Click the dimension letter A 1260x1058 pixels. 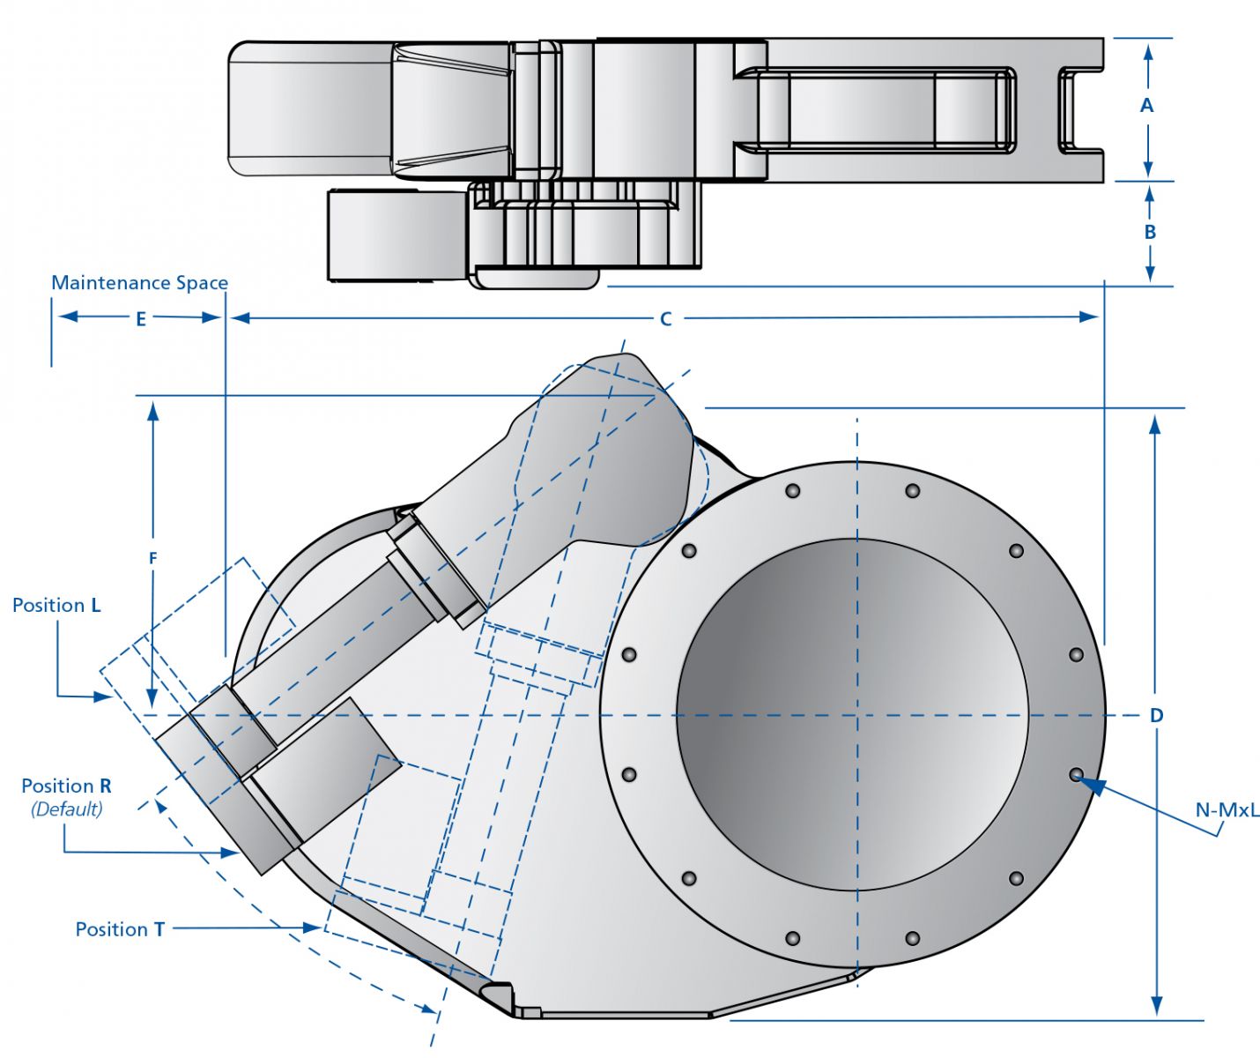point(1146,106)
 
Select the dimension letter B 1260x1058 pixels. point(1150,232)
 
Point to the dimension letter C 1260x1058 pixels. point(666,319)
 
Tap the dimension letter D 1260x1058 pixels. point(1157,715)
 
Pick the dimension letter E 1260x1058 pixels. point(141,319)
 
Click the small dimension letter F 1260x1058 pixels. point(153,558)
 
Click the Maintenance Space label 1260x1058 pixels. point(139,283)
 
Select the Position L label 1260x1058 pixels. point(56,606)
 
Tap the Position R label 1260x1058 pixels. point(66,786)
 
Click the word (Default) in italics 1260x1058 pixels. point(66,808)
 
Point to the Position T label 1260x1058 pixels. point(120,929)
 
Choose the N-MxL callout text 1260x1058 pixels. point(1227,809)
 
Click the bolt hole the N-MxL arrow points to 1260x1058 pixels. point(1076,775)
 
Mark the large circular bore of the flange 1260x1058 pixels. point(852,715)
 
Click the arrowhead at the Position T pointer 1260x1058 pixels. point(312,928)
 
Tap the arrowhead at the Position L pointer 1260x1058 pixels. point(104,697)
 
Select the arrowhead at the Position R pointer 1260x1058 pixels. point(231,853)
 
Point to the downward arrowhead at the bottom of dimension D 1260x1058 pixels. point(1156,1006)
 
